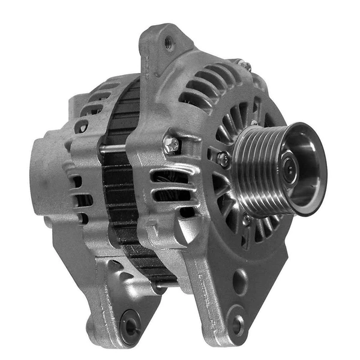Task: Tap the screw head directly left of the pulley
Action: pyautogui.click(x=223, y=159)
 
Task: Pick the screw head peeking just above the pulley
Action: pyautogui.click(x=254, y=123)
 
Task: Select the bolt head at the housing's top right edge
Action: pyautogui.click(x=245, y=64)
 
